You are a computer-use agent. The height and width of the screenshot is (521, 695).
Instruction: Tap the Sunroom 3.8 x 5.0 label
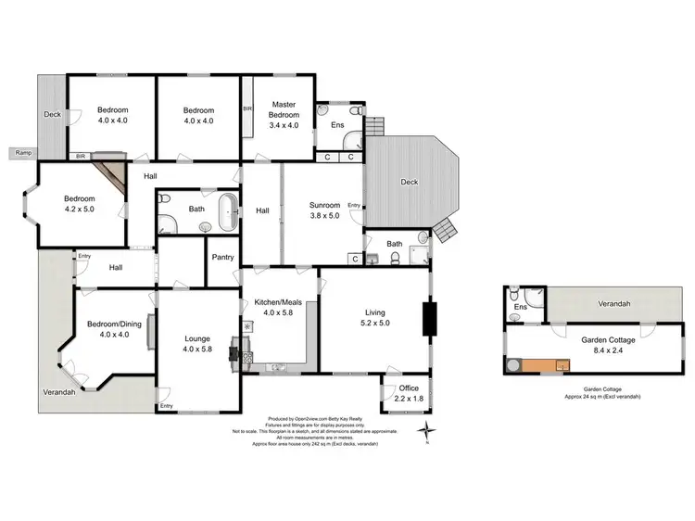324,210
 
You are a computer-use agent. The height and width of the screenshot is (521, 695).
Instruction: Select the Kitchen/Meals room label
277,307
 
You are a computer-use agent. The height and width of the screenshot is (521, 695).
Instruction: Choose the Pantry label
222,257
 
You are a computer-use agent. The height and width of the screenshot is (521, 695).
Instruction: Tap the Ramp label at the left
23,152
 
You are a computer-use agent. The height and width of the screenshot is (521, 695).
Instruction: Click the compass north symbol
425,430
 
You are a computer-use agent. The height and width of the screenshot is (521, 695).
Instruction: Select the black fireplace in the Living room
429,318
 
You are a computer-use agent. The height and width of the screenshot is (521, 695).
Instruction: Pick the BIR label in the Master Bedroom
246,108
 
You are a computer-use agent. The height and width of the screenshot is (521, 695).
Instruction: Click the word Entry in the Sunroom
354,205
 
